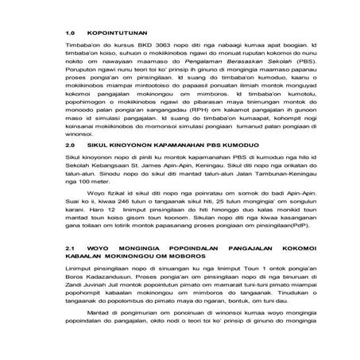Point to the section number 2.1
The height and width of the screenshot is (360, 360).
pos(70,249)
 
